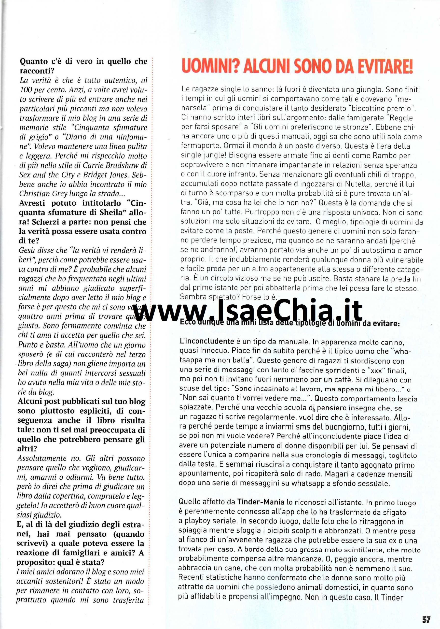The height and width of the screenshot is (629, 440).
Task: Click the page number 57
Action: click(x=426, y=617)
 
